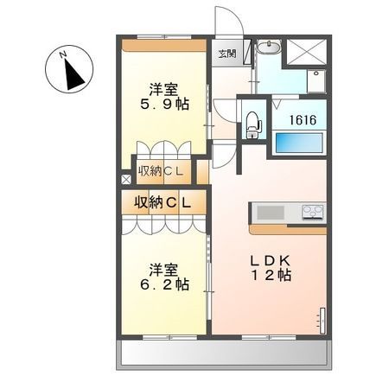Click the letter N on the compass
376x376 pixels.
click(62, 54)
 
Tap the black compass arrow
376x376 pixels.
click(73, 74)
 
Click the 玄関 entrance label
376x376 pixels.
click(227, 54)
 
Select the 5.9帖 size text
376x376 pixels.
click(164, 105)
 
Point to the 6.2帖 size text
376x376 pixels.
click(164, 284)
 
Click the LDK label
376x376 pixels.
click(270, 261)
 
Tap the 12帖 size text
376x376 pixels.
click(271, 276)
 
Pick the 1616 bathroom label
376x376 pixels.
click(303, 119)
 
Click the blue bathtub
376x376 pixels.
click(298, 143)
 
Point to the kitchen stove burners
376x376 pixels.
click(313, 213)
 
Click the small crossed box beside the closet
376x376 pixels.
click(126, 180)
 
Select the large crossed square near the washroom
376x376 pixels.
click(308, 53)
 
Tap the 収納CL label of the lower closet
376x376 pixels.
click(163, 203)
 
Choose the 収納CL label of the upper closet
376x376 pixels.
click(161, 172)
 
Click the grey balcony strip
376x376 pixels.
click(224, 354)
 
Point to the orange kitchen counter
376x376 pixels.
click(288, 229)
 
